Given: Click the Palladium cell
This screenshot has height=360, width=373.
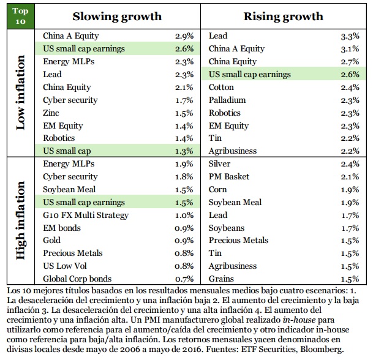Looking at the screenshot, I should tap(227, 100).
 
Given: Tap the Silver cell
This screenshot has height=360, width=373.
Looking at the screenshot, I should tap(220, 164).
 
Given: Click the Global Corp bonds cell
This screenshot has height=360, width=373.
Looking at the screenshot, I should tap(77, 279).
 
